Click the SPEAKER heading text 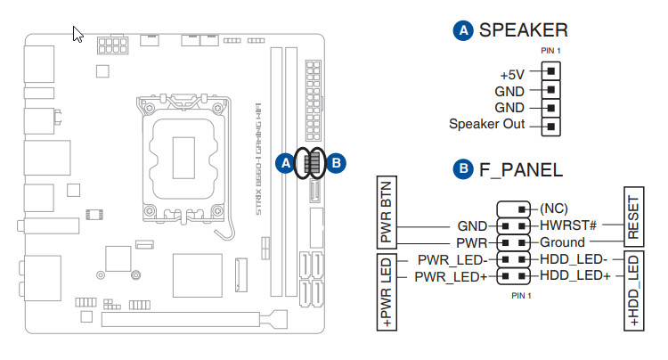(523, 30)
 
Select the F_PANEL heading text (521, 168)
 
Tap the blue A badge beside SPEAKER (463, 31)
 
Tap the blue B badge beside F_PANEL (463, 168)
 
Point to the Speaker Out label (487, 124)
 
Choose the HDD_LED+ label (575, 277)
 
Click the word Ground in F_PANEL (562, 242)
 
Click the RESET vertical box (633, 215)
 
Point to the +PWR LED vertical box (387, 291)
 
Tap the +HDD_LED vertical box (633, 291)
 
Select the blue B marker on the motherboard (336, 163)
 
